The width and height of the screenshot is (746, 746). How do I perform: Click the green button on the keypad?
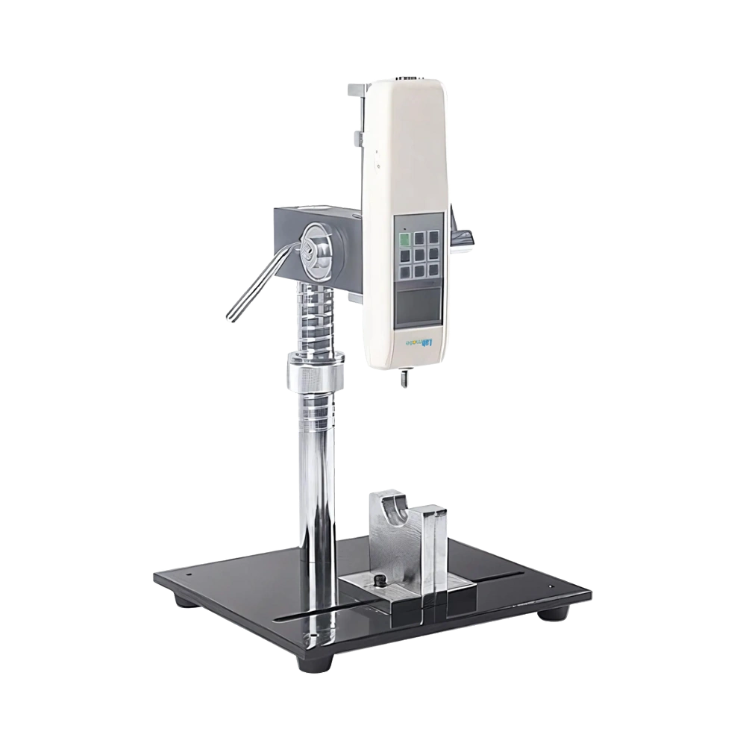coord(405,239)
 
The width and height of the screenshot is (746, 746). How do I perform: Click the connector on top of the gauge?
coord(407,75)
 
